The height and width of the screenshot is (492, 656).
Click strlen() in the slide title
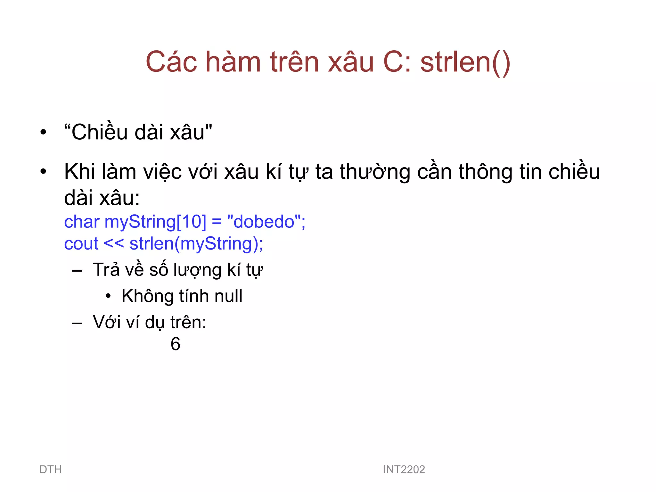coord(465,62)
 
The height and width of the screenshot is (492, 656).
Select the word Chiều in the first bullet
coord(99,132)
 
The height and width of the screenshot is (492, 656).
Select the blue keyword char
coord(82,222)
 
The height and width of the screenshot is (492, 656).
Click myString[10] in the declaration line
coord(155,222)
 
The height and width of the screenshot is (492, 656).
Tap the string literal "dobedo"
coord(264,222)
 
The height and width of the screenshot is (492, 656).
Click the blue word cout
coord(81,244)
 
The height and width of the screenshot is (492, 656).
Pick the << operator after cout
coord(114,244)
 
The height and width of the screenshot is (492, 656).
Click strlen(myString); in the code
coord(196,244)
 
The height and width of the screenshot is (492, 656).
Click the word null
coord(228,296)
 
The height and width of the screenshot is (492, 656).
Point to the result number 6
coord(175,344)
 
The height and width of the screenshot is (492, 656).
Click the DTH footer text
coord(51,470)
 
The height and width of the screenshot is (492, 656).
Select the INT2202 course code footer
coord(404,470)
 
